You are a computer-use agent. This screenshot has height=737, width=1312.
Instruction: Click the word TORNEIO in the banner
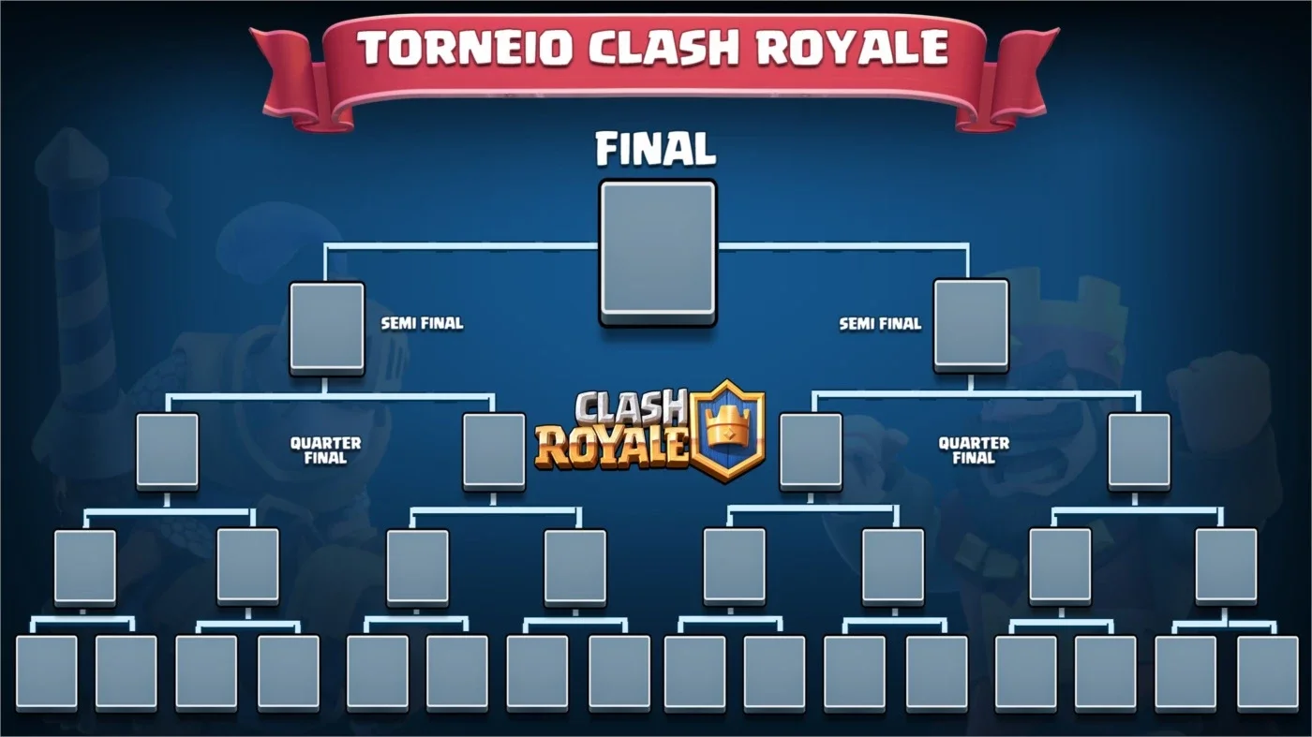click(465, 48)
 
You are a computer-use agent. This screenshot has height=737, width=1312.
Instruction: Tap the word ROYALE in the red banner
click(852, 47)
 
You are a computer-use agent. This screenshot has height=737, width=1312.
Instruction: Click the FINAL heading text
click(655, 149)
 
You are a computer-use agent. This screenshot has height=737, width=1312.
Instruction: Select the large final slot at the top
click(658, 252)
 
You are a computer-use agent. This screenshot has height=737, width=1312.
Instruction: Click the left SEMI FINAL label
click(422, 323)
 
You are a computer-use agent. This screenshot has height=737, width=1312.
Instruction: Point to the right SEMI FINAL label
click(880, 323)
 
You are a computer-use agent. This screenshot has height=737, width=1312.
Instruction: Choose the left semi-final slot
click(327, 329)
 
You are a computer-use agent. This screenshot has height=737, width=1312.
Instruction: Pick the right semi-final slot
click(971, 326)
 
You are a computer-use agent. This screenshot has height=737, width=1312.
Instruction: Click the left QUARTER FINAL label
click(326, 450)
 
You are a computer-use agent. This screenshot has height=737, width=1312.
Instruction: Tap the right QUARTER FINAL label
click(974, 450)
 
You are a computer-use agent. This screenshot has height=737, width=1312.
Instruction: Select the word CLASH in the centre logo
click(630, 408)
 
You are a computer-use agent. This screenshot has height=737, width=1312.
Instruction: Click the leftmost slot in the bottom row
click(46, 673)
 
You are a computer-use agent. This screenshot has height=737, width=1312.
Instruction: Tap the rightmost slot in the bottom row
click(1268, 673)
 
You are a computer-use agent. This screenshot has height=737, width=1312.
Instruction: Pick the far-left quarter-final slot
click(168, 451)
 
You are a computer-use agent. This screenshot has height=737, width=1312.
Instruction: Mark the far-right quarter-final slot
click(1140, 451)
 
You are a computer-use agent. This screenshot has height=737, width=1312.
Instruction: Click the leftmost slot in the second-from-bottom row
click(85, 567)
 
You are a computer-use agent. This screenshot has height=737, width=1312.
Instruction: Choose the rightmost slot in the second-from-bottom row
click(1226, 566)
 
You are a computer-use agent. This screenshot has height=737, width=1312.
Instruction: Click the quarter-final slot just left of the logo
click(495, 451)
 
